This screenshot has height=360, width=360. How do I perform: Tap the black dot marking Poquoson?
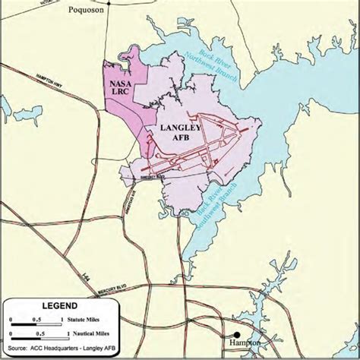point(109,2)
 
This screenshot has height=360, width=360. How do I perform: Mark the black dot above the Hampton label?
point(237,333)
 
